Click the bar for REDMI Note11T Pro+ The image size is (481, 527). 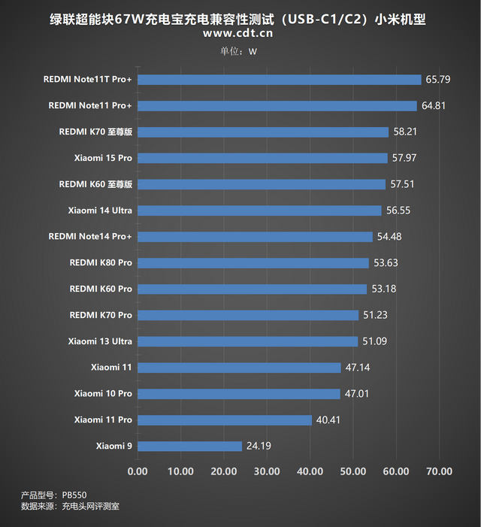click(280, 80)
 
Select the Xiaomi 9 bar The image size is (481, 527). click(190, 447)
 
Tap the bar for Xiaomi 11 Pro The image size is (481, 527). click(225, 420)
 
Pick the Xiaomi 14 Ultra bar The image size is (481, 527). click(259, 210)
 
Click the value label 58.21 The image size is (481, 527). click(405, 132)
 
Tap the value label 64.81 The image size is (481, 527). click(434, 106)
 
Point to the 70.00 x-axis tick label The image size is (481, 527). click(440, 471)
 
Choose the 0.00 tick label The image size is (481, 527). click(138, 471)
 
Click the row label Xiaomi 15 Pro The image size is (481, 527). click(103, 158)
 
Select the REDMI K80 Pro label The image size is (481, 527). click(101, 263)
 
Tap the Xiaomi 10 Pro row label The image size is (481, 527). click(103, 394)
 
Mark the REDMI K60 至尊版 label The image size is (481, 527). click(95, 184)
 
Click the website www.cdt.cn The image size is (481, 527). click(238, 33)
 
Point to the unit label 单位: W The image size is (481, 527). click(238, 51)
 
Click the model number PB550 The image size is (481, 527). click(74, 494)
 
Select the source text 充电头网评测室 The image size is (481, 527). click(90, 507)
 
